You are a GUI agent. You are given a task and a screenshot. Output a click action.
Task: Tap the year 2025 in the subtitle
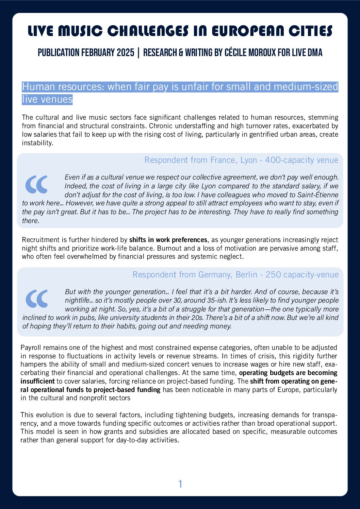pos(125,53)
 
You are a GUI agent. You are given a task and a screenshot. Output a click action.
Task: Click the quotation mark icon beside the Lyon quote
pos(36,184)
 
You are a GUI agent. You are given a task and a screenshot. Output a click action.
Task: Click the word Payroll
pos(31,347)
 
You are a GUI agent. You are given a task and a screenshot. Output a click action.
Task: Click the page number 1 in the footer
pos(180,484)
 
